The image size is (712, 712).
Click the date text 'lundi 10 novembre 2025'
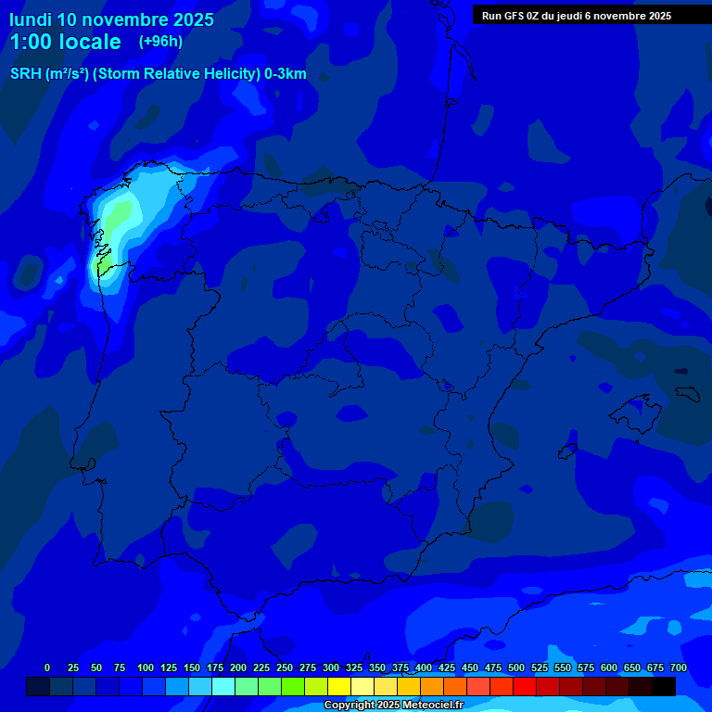(111, 19)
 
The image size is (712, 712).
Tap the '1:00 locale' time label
(65, 42)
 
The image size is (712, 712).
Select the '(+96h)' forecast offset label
(160, 41)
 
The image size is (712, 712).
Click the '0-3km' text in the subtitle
(285, 74)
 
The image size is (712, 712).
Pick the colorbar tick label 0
(47, 667)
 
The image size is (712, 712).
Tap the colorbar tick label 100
(146, 667)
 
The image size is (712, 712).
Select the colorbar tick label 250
(285, 667)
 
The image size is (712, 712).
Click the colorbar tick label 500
(516, 667)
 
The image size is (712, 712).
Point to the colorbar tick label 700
(679, 667)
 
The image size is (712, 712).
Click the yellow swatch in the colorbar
(339, 686)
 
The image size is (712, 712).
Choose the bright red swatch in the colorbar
(525, 686)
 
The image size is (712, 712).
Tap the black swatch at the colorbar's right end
(664, 686)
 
